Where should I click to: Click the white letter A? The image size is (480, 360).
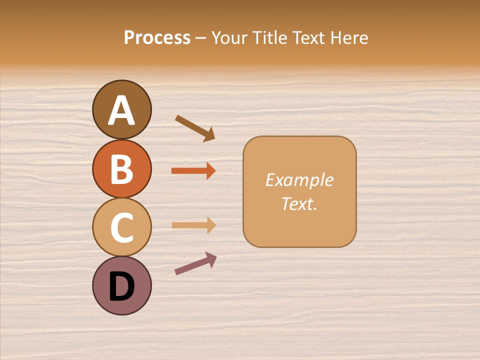pos(121,110)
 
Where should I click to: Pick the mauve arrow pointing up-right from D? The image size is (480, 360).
pos(195,263)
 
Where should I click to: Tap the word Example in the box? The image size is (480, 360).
pos(299,180)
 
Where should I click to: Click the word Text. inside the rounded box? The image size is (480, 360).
pos(299,203)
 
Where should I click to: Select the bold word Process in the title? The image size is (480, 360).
pos(157,37)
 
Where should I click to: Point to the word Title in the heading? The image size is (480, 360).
pos(271,37)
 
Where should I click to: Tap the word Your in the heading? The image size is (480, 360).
pos(229,37)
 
